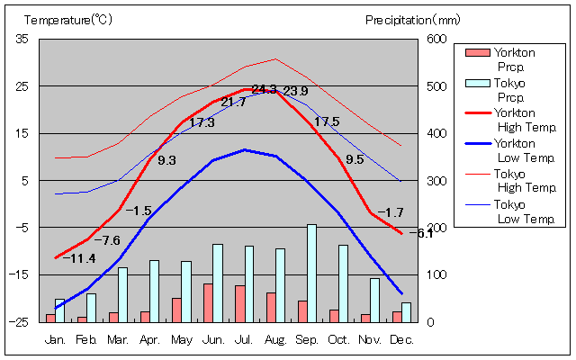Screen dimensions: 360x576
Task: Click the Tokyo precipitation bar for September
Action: click(311, 273)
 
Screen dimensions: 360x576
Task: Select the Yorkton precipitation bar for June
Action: click(208, 302)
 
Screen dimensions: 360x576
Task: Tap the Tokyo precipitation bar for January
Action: click(59, 310)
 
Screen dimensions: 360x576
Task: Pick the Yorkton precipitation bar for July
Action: click(239, 303)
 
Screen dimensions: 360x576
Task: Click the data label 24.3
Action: click(264, 89)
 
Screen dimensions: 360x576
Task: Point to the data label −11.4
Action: click(79, 258)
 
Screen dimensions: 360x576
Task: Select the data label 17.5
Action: click(326, 121)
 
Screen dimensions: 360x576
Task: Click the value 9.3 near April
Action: click(166, 160)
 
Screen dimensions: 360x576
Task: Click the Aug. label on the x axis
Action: click(275, 340)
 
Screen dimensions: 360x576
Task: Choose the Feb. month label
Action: click(86, 340)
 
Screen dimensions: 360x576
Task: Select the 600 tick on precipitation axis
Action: click(436, 39)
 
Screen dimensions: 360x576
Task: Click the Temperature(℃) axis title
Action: click(68, 19)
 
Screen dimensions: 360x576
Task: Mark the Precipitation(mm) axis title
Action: click(412, 19)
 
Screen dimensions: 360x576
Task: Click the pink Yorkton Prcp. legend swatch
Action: click(474, 53)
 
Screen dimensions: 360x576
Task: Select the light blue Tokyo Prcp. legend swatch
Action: click(474, 83)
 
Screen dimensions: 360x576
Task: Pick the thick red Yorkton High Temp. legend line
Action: click(474, 112)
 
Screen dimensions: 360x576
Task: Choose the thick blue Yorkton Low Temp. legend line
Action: click(474, 143)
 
